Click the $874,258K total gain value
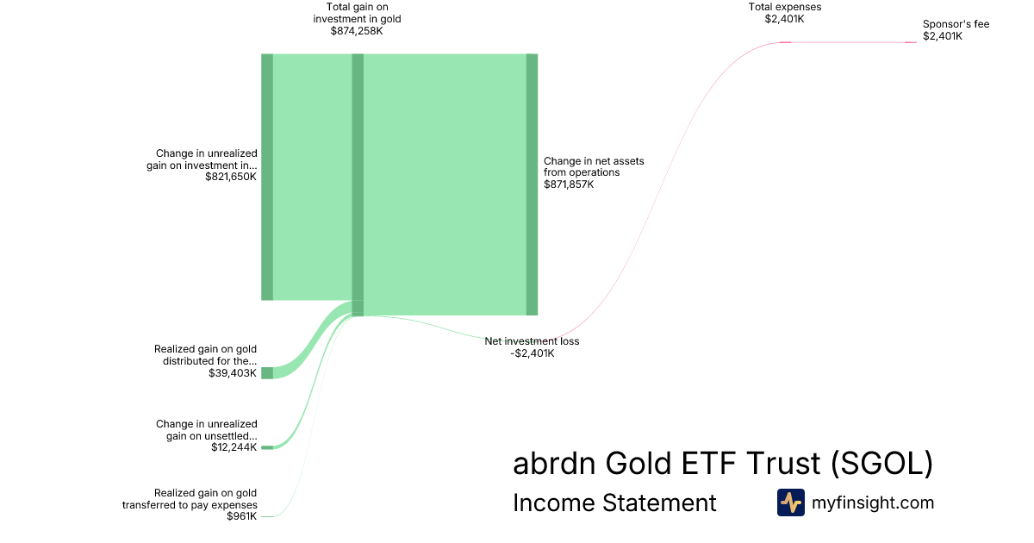[357, 31]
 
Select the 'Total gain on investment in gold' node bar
[358, 184]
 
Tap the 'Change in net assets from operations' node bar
[532, 184]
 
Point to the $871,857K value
[569, 184]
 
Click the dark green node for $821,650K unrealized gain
[267, 177]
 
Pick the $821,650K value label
[231, 177]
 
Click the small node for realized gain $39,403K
[267, 373]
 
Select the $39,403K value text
[233, 373]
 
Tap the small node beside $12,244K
[267, 447]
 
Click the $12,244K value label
[234, 447]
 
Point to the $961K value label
[242, 516]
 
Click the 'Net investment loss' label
[532, 341]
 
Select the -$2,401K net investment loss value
[533, 353]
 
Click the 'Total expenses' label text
[785, 7]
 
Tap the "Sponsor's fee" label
[956, 24]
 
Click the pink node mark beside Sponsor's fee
[910, 42]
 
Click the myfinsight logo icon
[791, 502]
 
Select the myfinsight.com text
[873, 502]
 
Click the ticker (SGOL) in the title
[882, 463]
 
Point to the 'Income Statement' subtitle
[614, 502]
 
